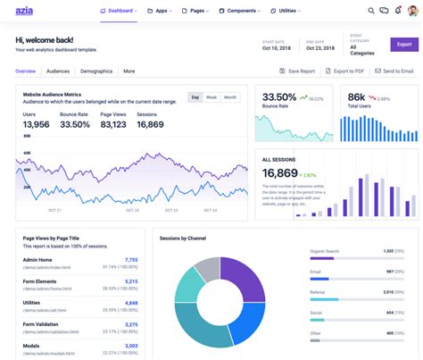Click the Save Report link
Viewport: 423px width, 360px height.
pos(296,70)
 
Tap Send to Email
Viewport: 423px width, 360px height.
pos(394,70)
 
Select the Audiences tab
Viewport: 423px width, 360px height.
pos(58,71)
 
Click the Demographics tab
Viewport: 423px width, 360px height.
pos(95,71)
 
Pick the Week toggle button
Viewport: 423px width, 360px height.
pos(211,96)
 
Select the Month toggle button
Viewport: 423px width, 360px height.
pos(230,96)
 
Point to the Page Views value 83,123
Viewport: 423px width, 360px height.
pos(114,124)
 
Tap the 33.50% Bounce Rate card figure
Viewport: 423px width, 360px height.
pos(279,96)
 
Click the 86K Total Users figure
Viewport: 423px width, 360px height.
pos(357,96)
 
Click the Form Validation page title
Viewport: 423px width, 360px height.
pos(42,322)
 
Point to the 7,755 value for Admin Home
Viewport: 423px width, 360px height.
pos(131,260)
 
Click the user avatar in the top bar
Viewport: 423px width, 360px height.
pos(411,12)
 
